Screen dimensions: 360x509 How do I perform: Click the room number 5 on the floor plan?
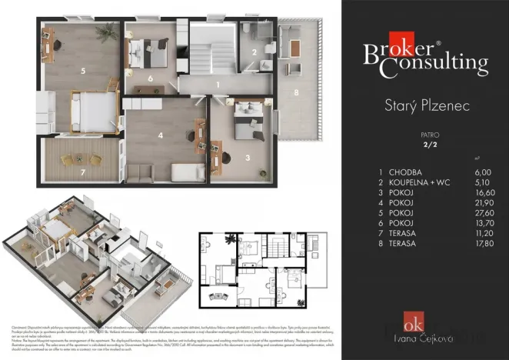pyautogui.click(x=82, y=70)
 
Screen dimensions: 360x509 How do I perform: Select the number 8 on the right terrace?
pyautogui.click(x=296, y=92)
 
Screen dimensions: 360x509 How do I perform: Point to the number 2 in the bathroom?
pyautogui.click(x=254, y=52)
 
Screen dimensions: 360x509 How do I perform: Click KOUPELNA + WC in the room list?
pyautogui.click(x=416, y=184)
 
